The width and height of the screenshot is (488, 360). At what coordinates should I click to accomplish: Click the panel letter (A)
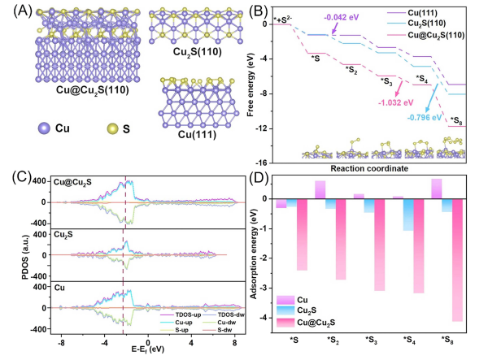click(23, 12)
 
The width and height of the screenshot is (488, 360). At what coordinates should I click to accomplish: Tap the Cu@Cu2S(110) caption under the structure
click(93, 90)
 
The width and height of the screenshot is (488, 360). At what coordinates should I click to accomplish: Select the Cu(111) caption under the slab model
click(197, 135)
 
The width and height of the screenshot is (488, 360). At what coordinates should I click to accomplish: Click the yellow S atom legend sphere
click(112, 128)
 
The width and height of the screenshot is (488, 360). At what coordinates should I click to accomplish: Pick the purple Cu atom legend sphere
click(44, 128)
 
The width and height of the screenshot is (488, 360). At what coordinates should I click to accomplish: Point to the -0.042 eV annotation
click(342, 17)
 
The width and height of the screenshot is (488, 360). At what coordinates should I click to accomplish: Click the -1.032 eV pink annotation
click(396, 102)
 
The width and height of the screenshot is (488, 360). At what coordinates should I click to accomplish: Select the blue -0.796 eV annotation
click(425, 118)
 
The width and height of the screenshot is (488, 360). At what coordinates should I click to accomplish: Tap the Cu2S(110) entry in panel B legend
click(426, 24)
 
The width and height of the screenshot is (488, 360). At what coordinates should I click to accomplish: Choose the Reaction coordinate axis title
click(369, 169)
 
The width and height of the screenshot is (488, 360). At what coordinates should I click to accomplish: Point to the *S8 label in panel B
click(456, 120)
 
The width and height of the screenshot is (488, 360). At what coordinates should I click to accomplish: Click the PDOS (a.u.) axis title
click(25, 257)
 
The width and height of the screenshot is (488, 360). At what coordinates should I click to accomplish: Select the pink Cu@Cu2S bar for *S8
click(457, 260)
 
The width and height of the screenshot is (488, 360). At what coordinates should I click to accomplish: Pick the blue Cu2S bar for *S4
click(408, 215)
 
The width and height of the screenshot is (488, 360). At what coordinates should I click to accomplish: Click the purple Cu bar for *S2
click(320, 189)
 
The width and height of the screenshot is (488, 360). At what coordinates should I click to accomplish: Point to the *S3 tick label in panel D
click(372, 340)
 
